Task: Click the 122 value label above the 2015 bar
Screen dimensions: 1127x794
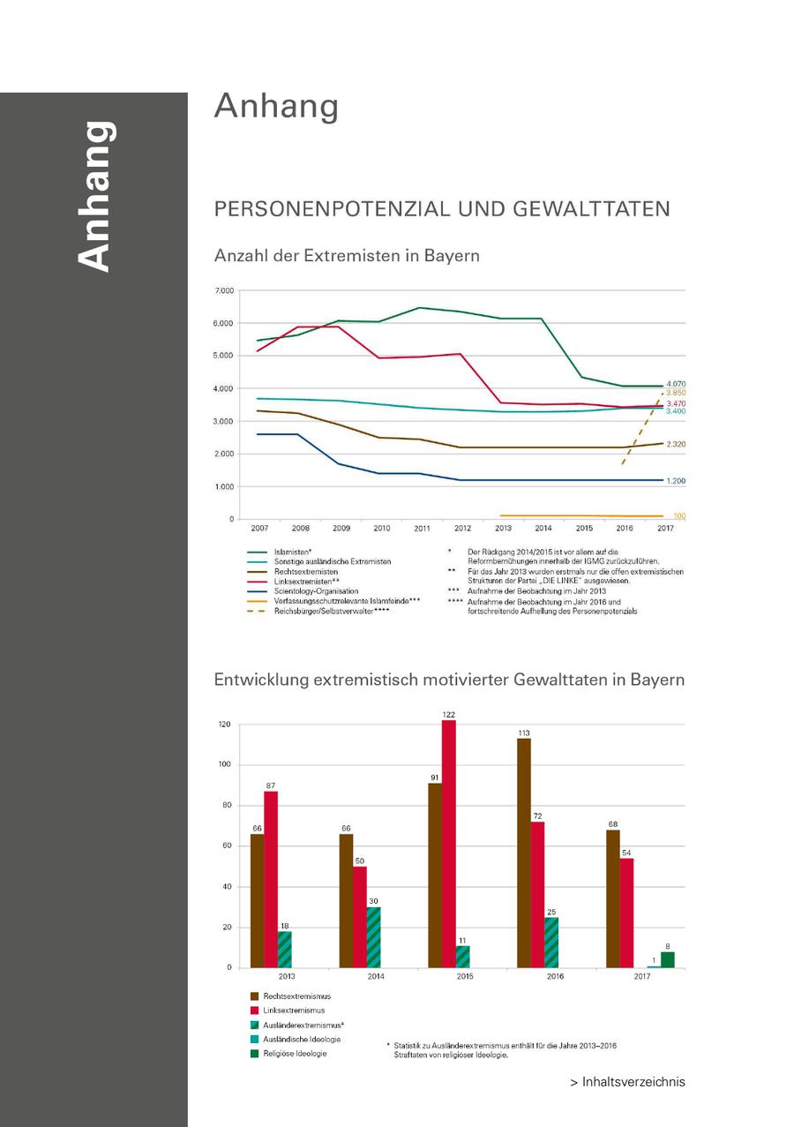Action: point(449,713)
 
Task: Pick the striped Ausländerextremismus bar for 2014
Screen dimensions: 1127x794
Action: point(373,937)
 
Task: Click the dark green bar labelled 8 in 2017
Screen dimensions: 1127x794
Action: point(667,959)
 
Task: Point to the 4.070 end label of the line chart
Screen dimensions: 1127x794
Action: point(676,384)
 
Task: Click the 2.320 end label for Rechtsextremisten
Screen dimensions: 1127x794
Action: point(676,444)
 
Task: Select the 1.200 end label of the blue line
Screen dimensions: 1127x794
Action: point(676,481)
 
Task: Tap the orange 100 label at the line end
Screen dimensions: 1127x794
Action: point(679,515)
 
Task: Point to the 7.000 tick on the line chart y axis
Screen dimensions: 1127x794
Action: point(224,290)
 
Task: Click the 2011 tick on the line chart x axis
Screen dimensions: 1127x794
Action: point(422,528)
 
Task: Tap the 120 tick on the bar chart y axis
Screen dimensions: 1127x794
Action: point(224,725)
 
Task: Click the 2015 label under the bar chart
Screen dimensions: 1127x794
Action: point(464,977)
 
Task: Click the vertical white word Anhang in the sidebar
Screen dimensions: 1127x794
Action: point(94,196)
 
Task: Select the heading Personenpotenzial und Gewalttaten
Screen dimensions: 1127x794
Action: point(442,209)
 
